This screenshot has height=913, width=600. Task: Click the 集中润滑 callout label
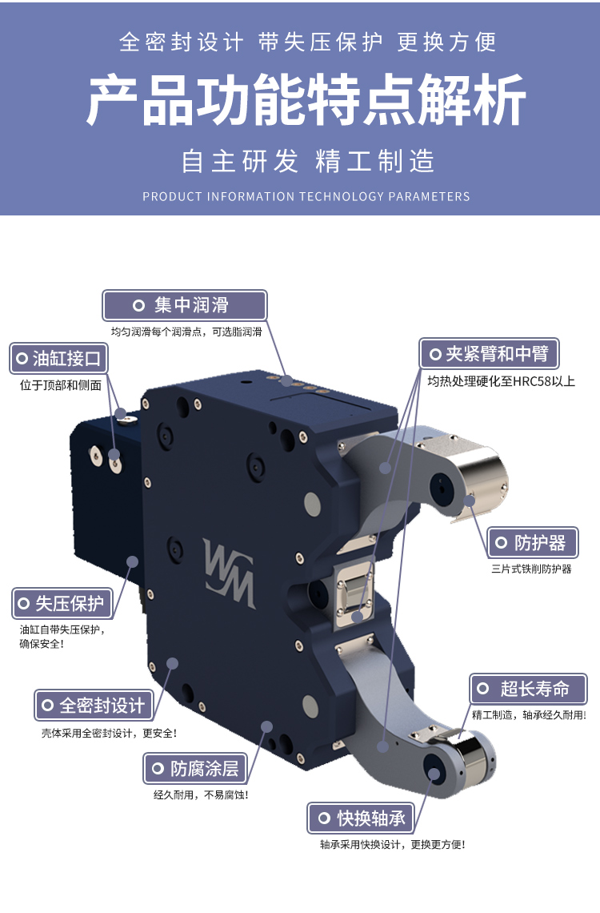click(184, 305)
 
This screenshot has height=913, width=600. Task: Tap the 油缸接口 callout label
click(58, 358)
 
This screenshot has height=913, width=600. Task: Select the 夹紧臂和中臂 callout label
click(489, 353)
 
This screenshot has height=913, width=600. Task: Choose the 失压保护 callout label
click(62, 603)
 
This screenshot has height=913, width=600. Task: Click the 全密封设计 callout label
click(94, 705)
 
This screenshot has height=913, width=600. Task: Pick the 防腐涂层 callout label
click(195, 768)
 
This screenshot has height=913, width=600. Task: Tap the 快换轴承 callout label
click(361, 818)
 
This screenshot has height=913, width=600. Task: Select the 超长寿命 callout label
click(528, 689)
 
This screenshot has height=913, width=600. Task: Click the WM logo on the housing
click(229, 573)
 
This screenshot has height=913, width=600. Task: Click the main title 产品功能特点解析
click(306, 99)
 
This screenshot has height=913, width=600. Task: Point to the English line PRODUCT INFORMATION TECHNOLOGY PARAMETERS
click(306, 197)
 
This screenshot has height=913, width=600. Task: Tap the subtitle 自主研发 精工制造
click(307, 161)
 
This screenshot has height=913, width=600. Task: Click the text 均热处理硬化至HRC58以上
click(501, 381)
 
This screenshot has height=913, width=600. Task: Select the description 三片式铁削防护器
click(531, 569)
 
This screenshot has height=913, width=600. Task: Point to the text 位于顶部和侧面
click(61, 385)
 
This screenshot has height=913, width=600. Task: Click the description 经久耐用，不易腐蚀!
click(201, 794)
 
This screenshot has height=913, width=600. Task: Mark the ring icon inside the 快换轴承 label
click(325, 818)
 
